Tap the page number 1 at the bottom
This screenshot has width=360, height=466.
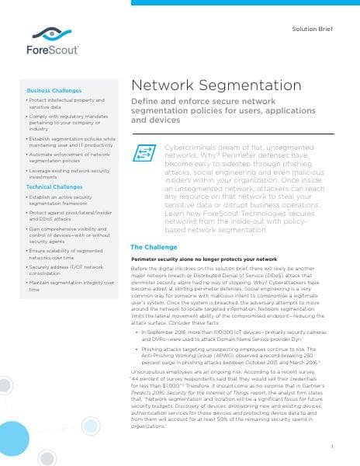pyautogui.click(x=331, y=446)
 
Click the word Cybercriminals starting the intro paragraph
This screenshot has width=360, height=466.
pyautogui.click(x=191, y=146)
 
